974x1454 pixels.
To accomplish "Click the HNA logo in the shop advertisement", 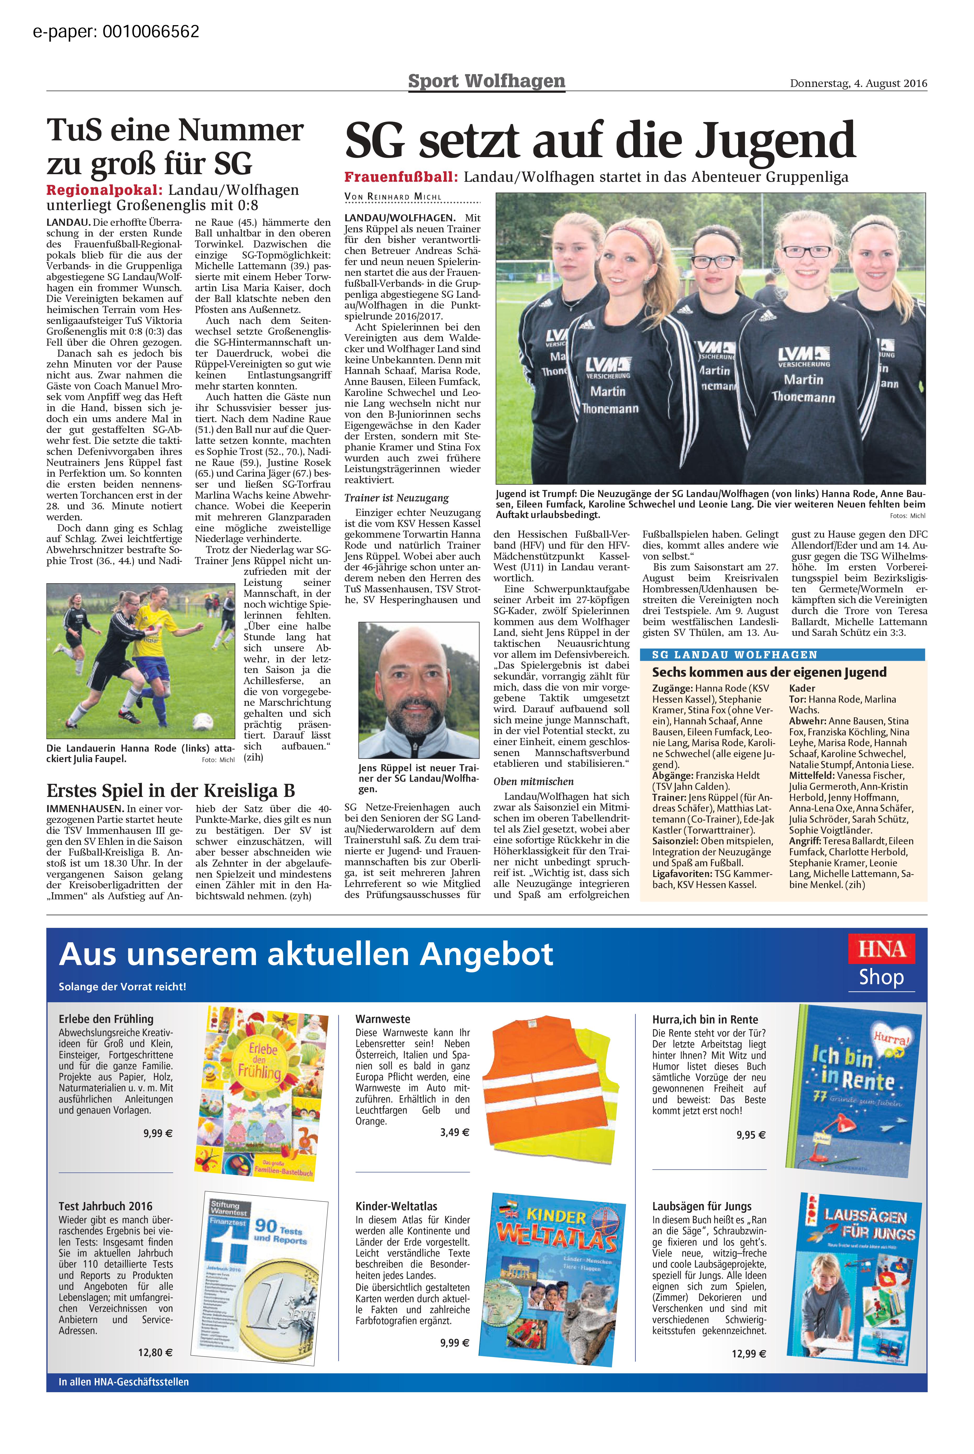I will pos(881,949).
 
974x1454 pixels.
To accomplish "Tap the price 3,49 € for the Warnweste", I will pos(455,1132).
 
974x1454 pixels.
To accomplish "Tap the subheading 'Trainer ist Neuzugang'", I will pos(396,498).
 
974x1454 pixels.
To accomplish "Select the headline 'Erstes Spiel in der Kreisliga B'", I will pos(170,790).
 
